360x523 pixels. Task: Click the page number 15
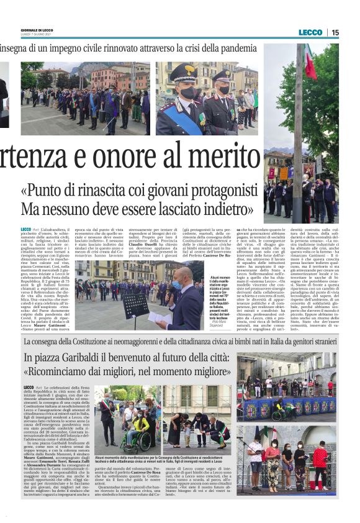[335, 32]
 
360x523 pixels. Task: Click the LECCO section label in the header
[310, 32]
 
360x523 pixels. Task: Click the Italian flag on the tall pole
[309, 64]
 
